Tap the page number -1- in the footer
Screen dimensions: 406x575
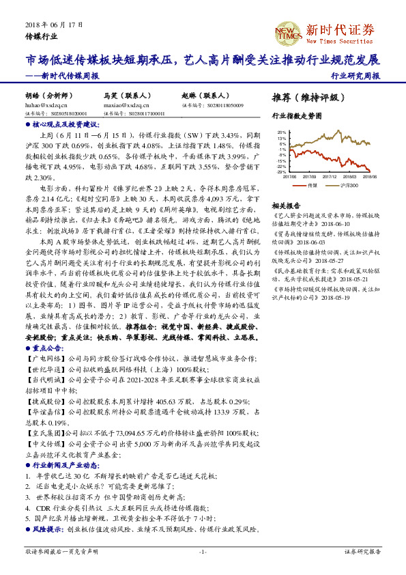pos(203,552)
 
